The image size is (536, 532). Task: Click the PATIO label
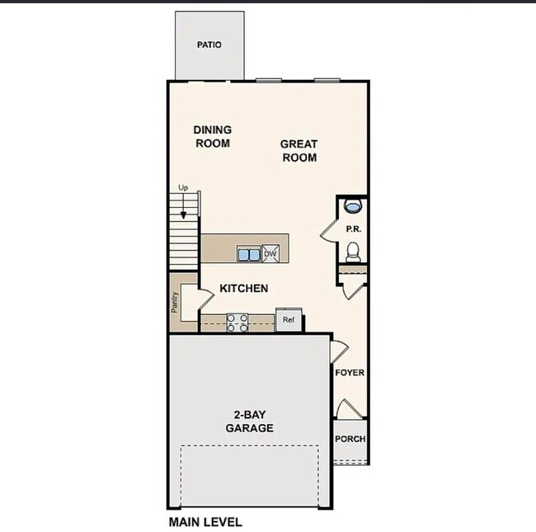tap(209, 45)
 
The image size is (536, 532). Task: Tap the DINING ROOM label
tap(212, 136)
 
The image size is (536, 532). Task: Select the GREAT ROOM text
tap(299, 150)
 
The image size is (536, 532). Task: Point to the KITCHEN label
tap(243, 288)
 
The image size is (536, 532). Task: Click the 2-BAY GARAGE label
tap(249, 421)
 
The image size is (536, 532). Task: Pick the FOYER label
tap(350, 373)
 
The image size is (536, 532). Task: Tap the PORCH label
tap(350, 439)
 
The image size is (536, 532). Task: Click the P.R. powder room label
tap(353, 228)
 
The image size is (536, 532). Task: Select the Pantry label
tap(175, 303)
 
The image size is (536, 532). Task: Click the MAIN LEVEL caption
tap(205, 521)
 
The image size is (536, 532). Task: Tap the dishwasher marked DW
tap(270, 253)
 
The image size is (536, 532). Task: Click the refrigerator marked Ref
tap(289, 319)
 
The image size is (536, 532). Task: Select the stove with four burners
tap(237, 322)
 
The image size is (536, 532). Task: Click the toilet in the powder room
tap(354, 249)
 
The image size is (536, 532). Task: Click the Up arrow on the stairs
tap(183, 209)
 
